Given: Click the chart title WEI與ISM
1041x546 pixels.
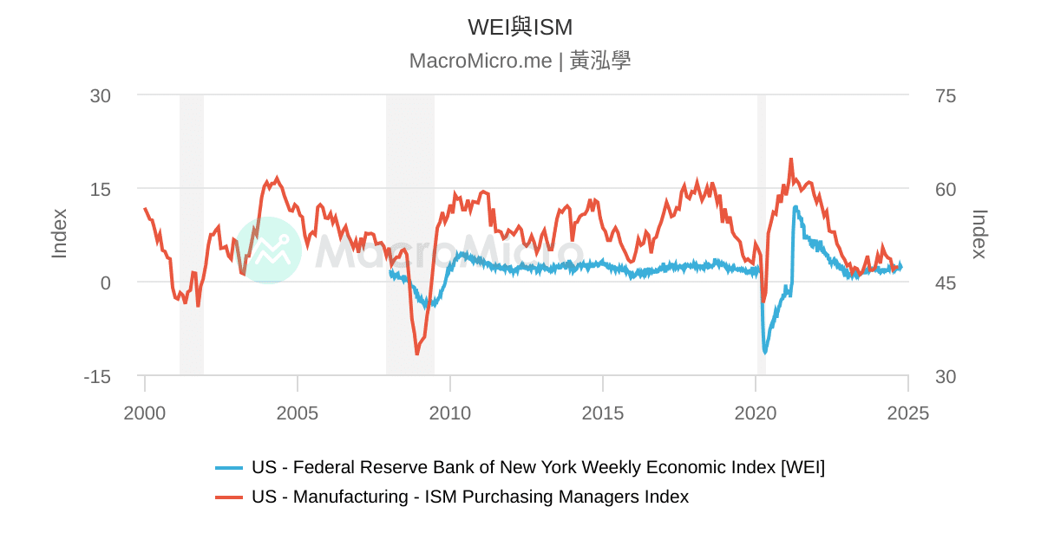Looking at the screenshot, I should pyautogui.click(x=520, y=27).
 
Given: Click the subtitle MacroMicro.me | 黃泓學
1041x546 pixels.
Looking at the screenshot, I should pyautogui.click(x=520, y=61).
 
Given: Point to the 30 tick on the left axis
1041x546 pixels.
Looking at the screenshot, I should pyautogui.click(x=101, y=95).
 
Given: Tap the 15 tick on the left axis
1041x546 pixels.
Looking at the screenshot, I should pyautogui.click(x=101, y=189).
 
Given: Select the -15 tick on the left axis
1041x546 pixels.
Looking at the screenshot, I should pyautogui.click(x=97, y=377).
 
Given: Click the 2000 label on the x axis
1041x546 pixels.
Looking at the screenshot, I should pyautogui.click(x=145, y=413).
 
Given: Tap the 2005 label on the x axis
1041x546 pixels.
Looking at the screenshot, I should pyautogui.click(x=298, y=413).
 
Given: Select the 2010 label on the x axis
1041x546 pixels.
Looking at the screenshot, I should pyautogui.click(x=450, y=413).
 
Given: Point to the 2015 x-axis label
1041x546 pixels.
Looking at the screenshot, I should pyautogui.click(x=603, y=413).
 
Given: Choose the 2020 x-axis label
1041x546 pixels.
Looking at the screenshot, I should pyautogui.click(x=756, y=413).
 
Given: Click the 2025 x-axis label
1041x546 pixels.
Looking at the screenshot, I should pyautogui.click(x=908, y=413).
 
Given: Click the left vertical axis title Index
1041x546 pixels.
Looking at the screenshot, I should pyautogui.click(x=59, y=233).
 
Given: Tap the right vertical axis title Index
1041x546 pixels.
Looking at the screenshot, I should pyautogui.click(x=979, y=233).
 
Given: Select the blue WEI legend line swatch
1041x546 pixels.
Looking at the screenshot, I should pyautogui.click(x=229, y=468).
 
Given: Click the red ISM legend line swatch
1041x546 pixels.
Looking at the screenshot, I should pyautogui.click(x=229, y=497).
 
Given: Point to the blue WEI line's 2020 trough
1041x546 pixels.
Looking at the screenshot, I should pyautogui.click(x=765, y=352).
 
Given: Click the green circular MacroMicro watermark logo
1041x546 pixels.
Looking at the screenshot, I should pyautogui.click(x=269, y=250).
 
